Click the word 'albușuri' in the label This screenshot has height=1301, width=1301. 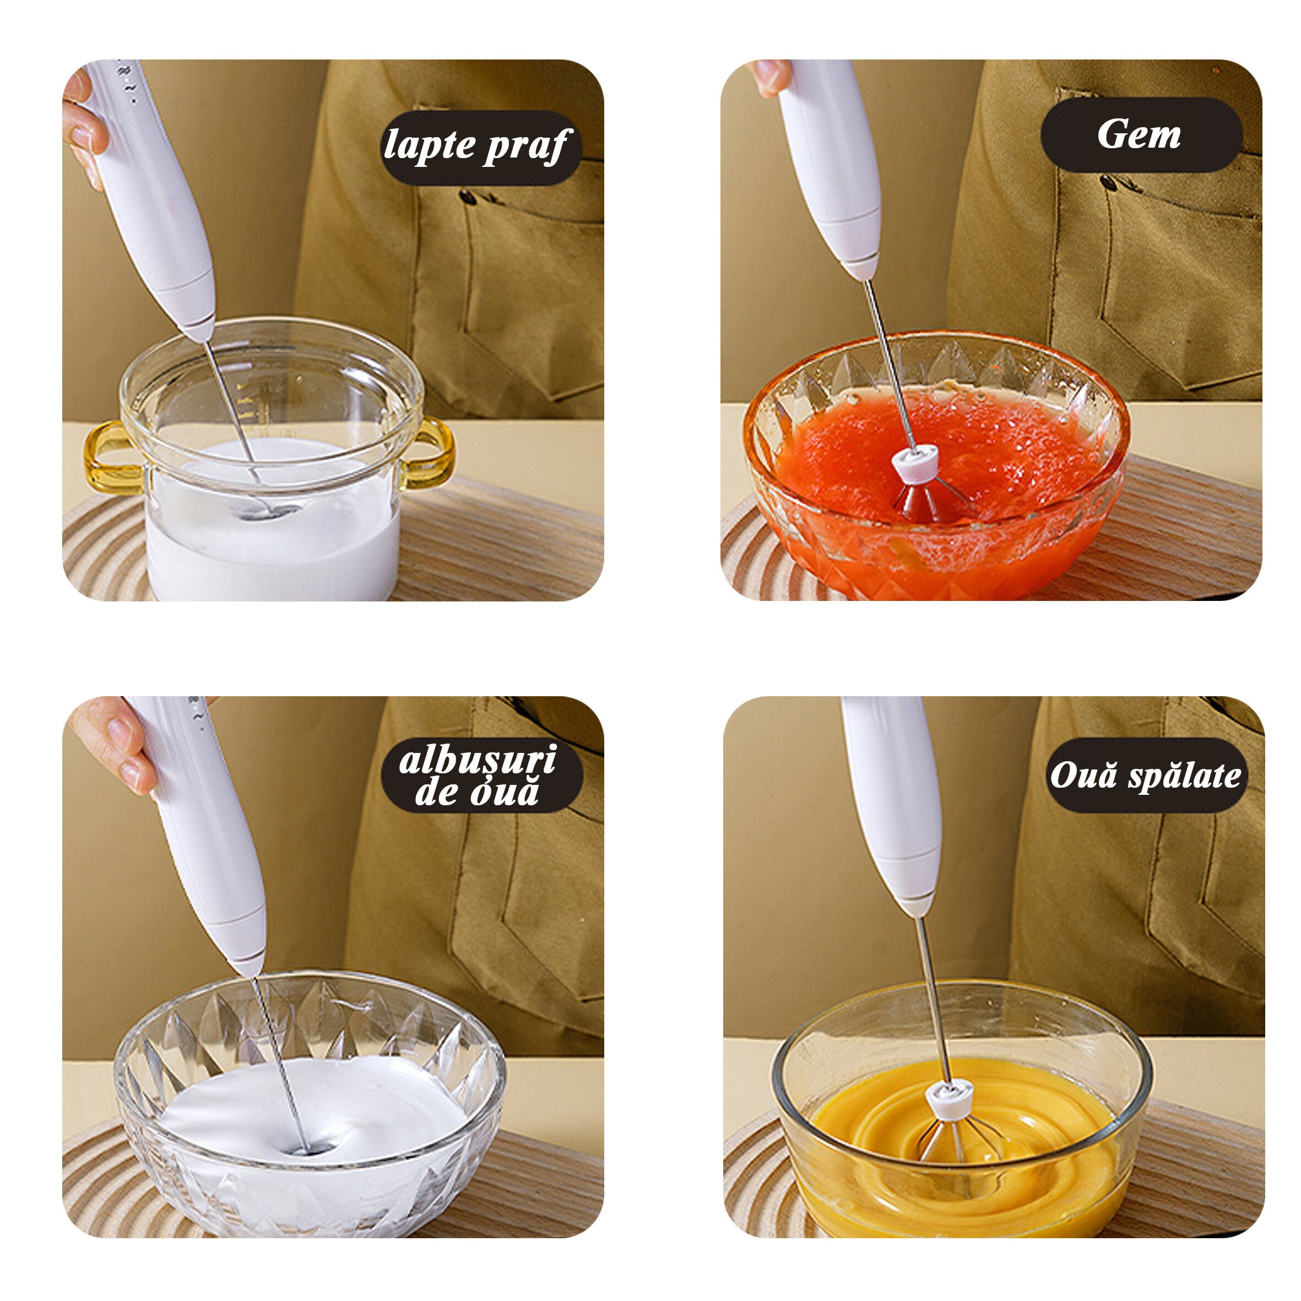click(478, 760)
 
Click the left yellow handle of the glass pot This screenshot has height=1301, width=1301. click(111, 457)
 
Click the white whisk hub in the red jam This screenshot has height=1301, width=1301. click(915, 464)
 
